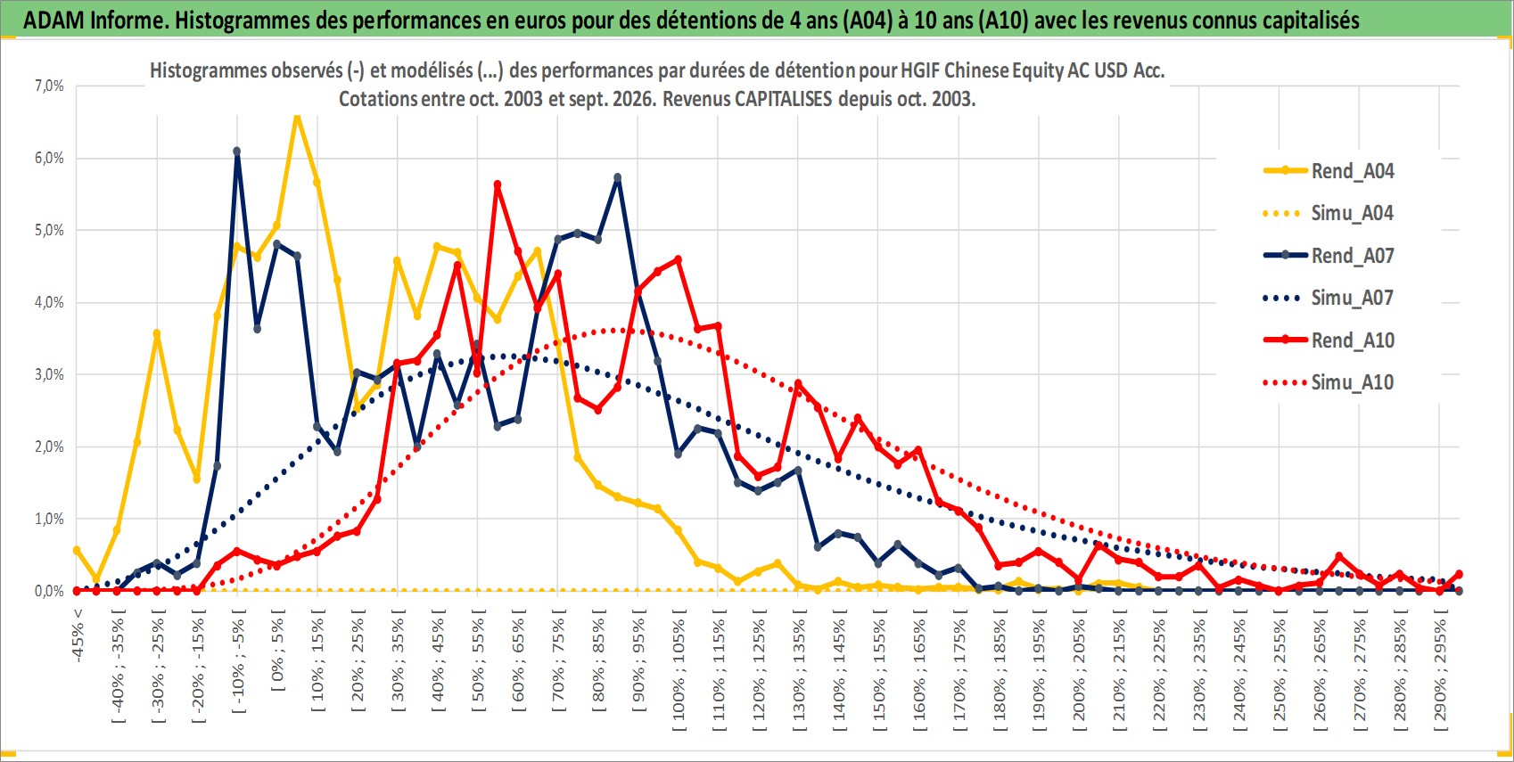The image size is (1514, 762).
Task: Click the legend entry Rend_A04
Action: click(x=1329, y=171)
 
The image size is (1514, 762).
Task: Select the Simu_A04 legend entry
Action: click(x=1329, y=214)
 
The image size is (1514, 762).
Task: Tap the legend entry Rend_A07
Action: click(x=1329, y=256)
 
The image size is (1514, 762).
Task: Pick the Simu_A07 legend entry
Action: click(x=1329, y=298)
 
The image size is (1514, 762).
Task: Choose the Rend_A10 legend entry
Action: click(x=1329, y=340)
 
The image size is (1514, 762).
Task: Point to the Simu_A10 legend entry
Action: click(x=1329, y=382)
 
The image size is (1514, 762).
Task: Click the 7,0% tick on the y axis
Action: click(x=49, y=86)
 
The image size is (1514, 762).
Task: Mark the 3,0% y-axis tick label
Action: click(x=49, y=375)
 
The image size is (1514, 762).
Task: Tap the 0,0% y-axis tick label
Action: click(x=49, y=592)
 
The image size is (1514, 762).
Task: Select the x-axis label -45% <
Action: click(x=77, y=635)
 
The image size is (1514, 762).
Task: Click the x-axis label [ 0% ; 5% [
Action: click(x=277, y=649)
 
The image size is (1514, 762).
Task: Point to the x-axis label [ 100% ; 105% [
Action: click(x=678, y=669)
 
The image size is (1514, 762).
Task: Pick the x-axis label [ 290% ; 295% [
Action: click(x=1440, y=669)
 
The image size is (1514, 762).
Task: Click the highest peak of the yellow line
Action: click(x=297, y=117)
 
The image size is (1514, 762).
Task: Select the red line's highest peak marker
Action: click(x=498, y=184)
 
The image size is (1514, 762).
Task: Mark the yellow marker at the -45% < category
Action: click(x=77, y=551)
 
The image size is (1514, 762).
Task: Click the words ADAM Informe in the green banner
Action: click(x=95, y=20)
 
